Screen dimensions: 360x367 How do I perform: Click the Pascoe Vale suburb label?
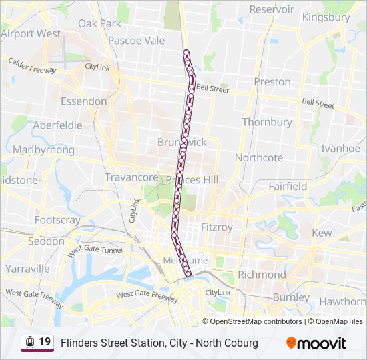(136, 40)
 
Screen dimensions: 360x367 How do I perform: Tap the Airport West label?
(31, 33)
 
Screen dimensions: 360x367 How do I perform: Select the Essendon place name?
(83, 101)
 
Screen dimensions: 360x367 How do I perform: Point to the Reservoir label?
(272, 9)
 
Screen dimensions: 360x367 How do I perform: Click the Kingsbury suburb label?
(326, 17)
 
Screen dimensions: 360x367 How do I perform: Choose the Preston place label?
(272, 81)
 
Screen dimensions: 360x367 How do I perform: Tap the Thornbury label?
(267, 122)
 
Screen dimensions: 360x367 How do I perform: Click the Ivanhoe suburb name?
(341, 148)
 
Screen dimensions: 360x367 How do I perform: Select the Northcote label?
(259, 158)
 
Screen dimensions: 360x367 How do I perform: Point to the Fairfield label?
(288, 186)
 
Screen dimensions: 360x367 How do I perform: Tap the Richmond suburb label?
(262, 274)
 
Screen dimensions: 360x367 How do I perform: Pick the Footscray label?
(57, 220)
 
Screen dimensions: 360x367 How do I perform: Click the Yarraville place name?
(27, 269)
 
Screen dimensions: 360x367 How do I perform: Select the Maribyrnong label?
(43, 149)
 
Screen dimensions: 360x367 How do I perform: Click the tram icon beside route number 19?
(29, 343)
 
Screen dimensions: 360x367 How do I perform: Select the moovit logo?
(316, 343)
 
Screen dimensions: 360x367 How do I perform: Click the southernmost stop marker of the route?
(189, 273)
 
